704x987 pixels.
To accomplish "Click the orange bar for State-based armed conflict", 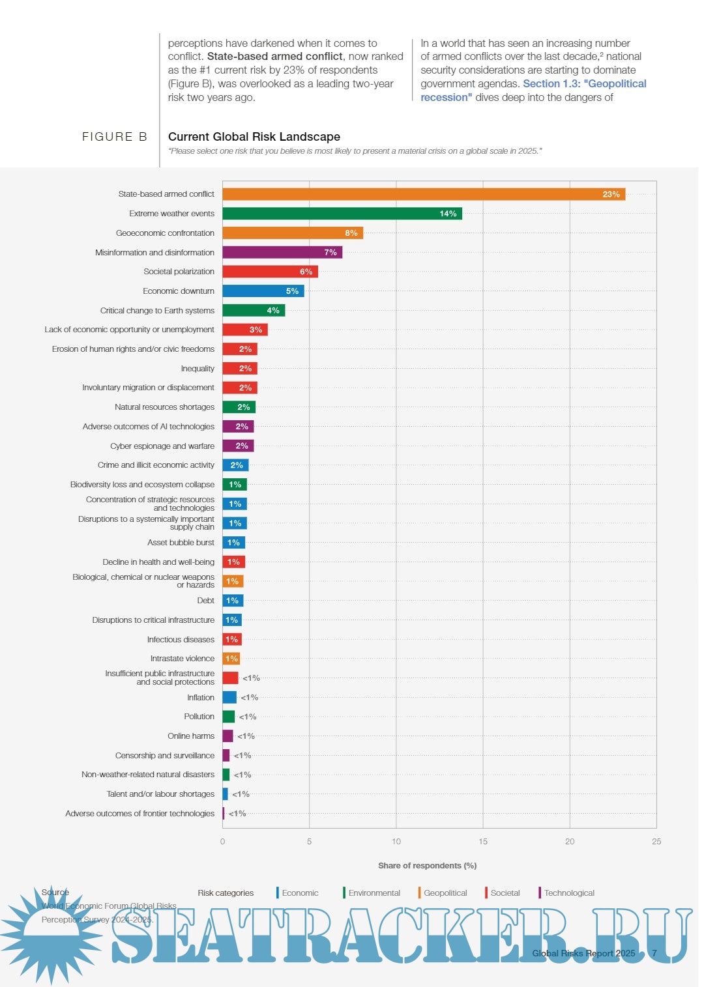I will pos(424,194).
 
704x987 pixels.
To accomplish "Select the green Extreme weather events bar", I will pos(342,214).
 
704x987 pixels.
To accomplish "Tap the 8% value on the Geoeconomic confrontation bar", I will pos(351,233).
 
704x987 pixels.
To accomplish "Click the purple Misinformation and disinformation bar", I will pos(282,252).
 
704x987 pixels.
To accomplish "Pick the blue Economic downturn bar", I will pos(263,291).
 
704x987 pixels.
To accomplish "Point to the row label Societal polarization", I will pos(179,272).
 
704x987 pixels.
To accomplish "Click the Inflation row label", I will pos(200,698).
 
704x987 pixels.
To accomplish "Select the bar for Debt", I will pos(233,601).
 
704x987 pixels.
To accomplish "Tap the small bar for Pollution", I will pos(228,717).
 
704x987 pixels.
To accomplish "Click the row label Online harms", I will pos(190,736).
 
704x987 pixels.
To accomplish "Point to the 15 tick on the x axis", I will pos(483,842).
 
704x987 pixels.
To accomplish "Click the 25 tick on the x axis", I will pos(656,842).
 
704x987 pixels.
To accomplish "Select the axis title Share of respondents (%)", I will pos(427,866).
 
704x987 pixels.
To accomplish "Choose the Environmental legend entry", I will pos(374,893).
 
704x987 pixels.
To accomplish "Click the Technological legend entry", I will pos(568,893).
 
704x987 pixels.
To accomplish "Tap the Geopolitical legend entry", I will pos(445,893).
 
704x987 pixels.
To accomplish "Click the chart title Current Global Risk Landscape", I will pos(254,137).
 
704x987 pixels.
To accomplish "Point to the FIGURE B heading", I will pos(115,137).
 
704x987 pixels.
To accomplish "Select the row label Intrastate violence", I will pos(182,659).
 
